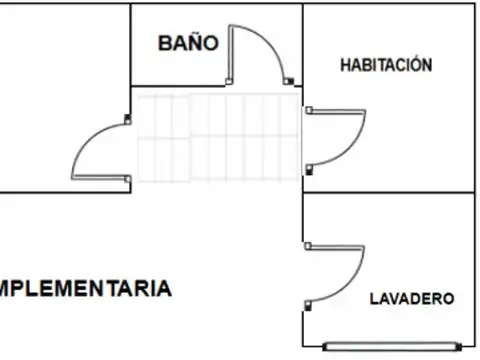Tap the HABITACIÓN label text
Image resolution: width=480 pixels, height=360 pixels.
[386, 65]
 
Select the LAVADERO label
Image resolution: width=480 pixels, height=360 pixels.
[412, 298]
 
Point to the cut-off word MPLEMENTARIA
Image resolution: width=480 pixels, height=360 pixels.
[86, 289]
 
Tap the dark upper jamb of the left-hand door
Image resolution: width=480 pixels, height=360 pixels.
[127, 121]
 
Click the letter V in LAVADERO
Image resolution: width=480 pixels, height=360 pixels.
[392, 298]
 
